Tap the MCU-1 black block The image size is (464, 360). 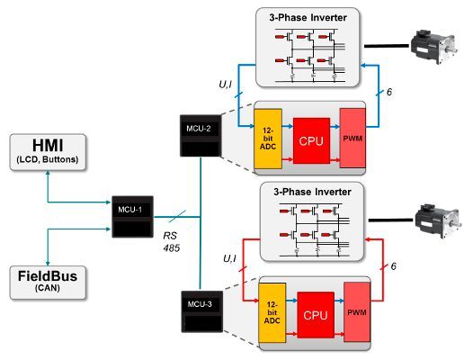135,215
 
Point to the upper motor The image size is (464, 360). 431,43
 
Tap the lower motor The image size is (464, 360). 434,218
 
